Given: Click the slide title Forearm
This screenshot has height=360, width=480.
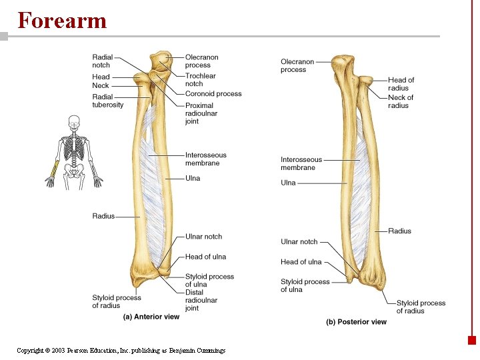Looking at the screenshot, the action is (x=62, y=20).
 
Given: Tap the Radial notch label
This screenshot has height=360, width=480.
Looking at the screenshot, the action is (x=102, y=61).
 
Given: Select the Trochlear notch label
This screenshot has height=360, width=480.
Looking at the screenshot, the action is (x=201, y=80).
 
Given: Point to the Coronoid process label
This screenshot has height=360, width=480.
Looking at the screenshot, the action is (x=213, y=94).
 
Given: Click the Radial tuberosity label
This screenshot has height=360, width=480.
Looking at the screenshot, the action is (x=107, y=101).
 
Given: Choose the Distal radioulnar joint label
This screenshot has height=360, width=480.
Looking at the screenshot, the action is (x=202, y=301).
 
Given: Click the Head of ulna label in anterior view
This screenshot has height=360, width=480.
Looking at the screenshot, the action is (x=205, y=257).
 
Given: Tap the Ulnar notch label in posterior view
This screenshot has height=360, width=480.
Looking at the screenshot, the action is (x=299, y=242).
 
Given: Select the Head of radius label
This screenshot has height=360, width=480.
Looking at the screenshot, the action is (x=401, y=84).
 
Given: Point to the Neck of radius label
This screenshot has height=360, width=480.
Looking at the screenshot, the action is (x=401, y=101).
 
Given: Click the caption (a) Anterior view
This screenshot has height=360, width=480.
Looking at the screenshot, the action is (x=151, y=317).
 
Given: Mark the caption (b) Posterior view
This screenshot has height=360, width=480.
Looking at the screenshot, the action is (x=356, y=322).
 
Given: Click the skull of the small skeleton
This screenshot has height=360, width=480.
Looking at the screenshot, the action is (x=73, y=123).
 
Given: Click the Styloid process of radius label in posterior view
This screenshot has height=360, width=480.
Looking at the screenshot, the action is (x=421, y=307).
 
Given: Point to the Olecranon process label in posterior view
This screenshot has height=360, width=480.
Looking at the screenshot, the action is (x=297, y=66).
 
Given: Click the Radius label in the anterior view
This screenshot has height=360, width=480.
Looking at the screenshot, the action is (x=103, y=216).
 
